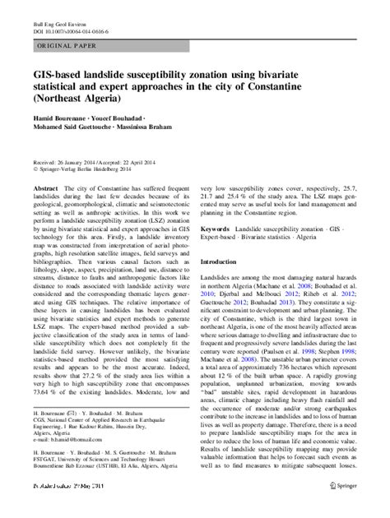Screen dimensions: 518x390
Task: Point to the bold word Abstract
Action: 45,188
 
